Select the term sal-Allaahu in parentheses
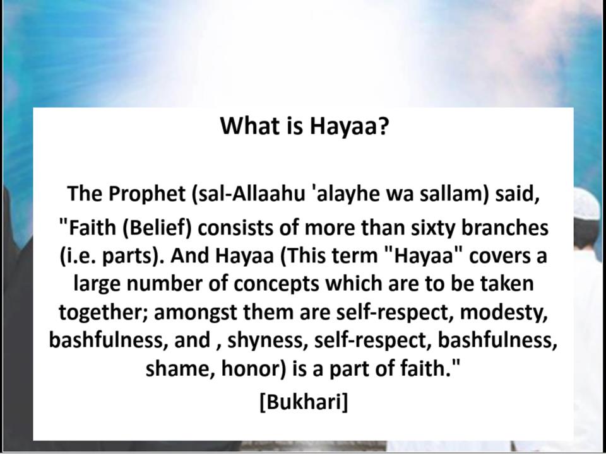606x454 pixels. pos(246,192)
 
